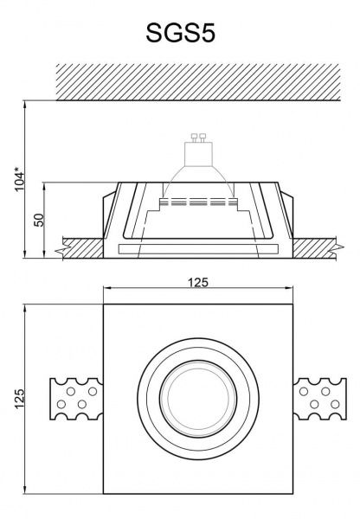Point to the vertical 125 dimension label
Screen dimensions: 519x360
[18, 399]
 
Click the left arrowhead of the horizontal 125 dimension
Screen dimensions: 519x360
[106, 291]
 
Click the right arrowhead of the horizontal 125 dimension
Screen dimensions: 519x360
[294, 291]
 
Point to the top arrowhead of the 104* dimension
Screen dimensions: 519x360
[29, 103]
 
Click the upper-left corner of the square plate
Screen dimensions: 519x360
[103, 304]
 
